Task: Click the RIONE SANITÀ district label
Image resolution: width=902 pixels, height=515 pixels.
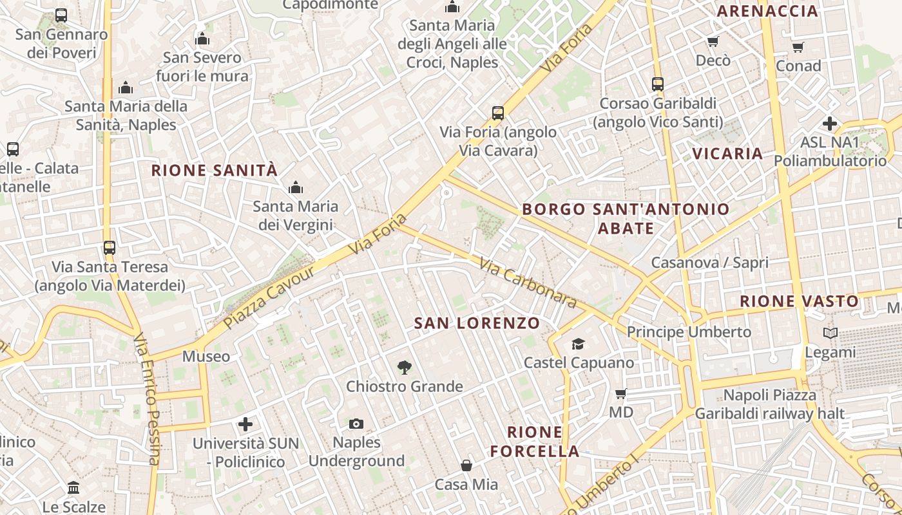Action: point(214,171)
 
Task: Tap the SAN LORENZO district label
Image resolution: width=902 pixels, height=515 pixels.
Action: point(477,323)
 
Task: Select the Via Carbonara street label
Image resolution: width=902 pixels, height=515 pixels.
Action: point(527,283)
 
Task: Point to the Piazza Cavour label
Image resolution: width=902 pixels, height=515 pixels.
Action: point(271,297)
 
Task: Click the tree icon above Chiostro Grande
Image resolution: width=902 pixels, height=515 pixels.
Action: point(404,368)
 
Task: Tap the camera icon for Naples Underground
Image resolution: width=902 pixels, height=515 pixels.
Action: point(356,424)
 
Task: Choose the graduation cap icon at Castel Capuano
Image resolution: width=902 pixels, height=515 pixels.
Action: point(578,344)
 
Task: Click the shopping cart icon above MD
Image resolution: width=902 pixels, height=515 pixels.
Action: point(620,393)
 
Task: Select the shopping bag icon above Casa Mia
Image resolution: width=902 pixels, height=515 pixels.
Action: point(466,465)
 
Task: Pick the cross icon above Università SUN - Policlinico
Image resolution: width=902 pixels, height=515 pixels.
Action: point(245,424)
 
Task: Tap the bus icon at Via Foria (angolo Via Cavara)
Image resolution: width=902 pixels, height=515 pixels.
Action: point(497,113)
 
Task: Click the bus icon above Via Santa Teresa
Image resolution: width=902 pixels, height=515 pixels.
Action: point(110,247)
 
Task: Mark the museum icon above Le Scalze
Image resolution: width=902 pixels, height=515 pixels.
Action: point(73,487)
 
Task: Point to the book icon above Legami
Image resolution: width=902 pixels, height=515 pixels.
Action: point(830,333)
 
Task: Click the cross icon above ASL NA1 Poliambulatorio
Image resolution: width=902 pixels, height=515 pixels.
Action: point(830,124)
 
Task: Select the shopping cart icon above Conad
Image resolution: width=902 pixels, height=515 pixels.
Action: point(798,47)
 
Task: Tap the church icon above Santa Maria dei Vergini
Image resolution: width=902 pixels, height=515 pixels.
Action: point(296,188)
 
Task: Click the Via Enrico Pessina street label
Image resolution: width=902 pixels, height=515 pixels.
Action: point(147,399)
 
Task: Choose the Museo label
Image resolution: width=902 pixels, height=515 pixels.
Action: point(206,357)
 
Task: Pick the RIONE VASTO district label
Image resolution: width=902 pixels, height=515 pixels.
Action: point(799,301)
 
